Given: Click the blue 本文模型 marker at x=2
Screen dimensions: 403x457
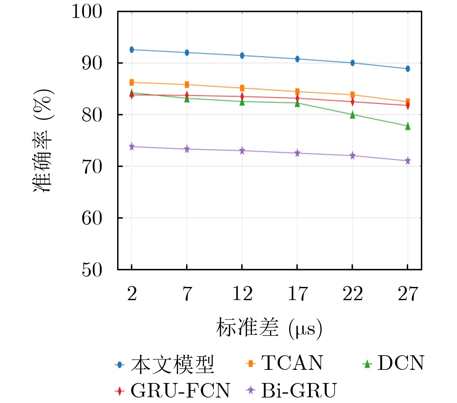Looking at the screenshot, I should tap(132, 50).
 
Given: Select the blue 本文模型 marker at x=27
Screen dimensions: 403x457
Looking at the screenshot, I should tap(408, 69).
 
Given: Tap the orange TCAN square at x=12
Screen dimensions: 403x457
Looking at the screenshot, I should tap(242, 88).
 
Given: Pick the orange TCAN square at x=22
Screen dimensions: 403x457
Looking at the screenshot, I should tap(353, 95).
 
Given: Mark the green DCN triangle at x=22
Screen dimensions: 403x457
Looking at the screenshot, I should tap(353, 115).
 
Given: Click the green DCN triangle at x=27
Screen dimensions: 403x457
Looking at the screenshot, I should tap(408, 126).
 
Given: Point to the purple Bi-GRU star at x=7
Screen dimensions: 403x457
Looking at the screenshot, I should tap(187, 149).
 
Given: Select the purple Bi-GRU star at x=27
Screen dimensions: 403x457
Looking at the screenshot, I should tap(408, 161).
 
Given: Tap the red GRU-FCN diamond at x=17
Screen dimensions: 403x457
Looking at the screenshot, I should tap(297, 98).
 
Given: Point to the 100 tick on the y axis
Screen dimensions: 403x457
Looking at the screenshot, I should tap(87, 12).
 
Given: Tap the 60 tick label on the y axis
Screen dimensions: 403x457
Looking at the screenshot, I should tap(92, 218).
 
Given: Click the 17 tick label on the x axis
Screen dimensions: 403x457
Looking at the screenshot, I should tap(297, 294).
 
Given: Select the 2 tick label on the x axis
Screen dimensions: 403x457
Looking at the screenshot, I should tap(132, 294).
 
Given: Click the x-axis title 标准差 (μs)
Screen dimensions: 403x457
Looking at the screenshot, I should tap(269, 328).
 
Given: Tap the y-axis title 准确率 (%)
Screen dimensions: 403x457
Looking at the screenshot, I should tap(43, 141).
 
